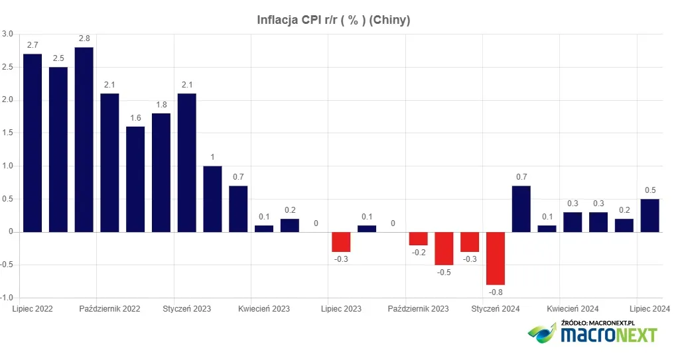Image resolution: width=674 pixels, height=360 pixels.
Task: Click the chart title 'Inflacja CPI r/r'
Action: point(334,21)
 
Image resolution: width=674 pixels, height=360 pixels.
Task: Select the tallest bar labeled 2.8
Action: point(84,139)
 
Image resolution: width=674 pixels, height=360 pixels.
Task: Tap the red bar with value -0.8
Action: point(496,258)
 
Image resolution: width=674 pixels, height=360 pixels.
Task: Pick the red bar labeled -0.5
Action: point(444,248)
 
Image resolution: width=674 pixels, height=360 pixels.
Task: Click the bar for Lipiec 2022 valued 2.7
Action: point(33,143)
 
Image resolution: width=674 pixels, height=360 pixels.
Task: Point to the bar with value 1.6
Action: point(135,179)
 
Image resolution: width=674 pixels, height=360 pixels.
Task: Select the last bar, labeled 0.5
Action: point(649,215)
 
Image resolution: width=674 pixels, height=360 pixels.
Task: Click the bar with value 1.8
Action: point(161,172)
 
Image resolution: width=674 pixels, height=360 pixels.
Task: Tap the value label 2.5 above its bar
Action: point(58,58)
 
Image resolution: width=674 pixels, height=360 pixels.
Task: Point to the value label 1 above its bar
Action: point(212,157)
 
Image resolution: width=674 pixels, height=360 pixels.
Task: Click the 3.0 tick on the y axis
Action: point(7,34)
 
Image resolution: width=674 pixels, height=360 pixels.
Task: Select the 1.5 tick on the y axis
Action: point(7,133)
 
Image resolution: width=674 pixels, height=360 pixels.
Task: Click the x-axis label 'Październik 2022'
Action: point(109,309)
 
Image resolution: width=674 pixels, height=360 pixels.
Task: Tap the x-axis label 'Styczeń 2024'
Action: point(496,309)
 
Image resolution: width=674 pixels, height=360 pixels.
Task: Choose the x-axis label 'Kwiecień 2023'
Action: point(264,309)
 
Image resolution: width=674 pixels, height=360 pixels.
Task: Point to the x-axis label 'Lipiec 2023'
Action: point(341,309)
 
